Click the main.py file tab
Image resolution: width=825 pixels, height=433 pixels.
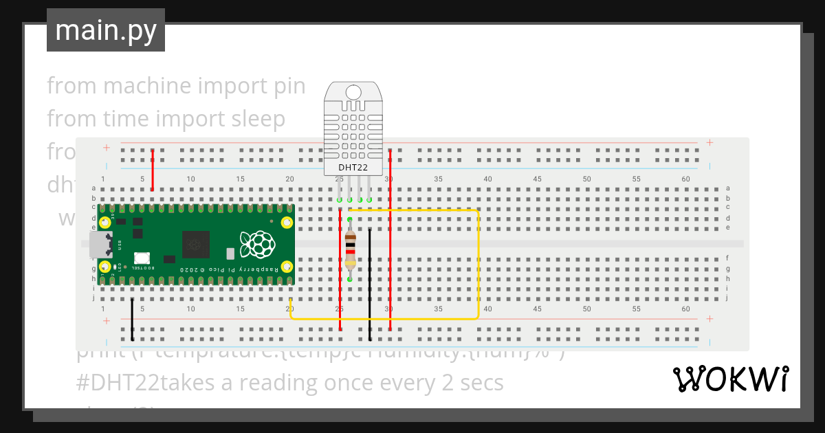coord(105,30)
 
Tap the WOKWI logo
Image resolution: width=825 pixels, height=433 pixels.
coord(730,379)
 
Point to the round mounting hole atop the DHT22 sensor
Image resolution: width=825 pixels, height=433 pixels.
coord(353,92)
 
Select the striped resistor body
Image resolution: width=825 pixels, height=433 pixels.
coord(351,249)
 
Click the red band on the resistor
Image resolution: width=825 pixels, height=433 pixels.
coord(351,252)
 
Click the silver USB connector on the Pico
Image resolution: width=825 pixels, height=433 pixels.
coord(100,244)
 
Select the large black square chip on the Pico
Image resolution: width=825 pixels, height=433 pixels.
coord(196,245)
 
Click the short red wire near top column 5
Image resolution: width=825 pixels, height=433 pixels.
coord(152,170)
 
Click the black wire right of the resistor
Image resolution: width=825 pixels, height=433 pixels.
coord(370,282)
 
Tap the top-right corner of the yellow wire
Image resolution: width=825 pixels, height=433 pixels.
coord(477,211)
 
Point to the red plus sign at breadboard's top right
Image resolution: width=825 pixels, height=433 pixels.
coord(709,143)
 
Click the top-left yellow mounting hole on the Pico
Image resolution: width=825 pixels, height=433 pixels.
coord(106,222)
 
